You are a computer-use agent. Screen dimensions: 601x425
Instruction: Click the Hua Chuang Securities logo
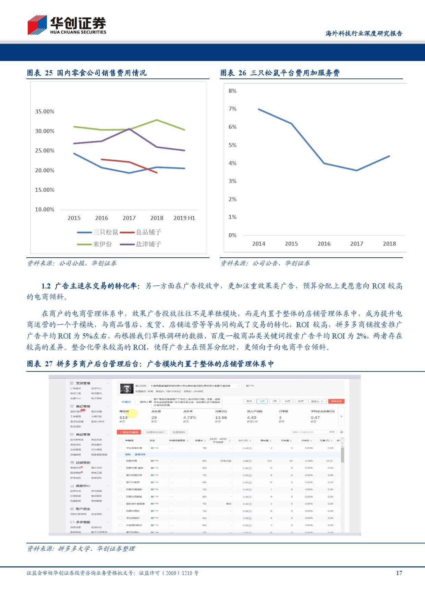click(x=67, y=25)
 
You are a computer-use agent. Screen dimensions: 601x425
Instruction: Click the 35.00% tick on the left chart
click(x=45, y=111)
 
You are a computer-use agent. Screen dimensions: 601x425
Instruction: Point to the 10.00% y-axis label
click(x=45, y=209)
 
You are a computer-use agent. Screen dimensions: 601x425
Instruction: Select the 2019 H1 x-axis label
click(x=184, y=218)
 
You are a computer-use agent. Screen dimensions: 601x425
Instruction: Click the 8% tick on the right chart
click(x=232, y=91)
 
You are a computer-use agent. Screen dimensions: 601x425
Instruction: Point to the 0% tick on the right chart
click(x=232, y=235)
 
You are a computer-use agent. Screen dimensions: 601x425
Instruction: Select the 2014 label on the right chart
click(x=258, y=244)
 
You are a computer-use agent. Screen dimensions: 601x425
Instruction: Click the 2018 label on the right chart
click(x=389, y=244)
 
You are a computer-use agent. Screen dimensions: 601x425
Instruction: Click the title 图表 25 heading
click(x=87, y=73)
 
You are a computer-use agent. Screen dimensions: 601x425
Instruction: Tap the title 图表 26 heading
click(x=280, y=73)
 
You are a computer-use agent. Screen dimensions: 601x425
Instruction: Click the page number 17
click(x=399, y=573)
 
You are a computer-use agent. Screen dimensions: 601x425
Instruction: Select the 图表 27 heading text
click(x=150, y=364)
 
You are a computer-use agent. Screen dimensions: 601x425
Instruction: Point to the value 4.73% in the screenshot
click(x=190, y=417)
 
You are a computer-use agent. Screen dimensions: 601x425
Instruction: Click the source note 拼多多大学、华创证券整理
click(x=81, y=549)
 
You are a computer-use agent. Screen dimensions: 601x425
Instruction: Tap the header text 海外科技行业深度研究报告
click(x=364, y=34)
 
